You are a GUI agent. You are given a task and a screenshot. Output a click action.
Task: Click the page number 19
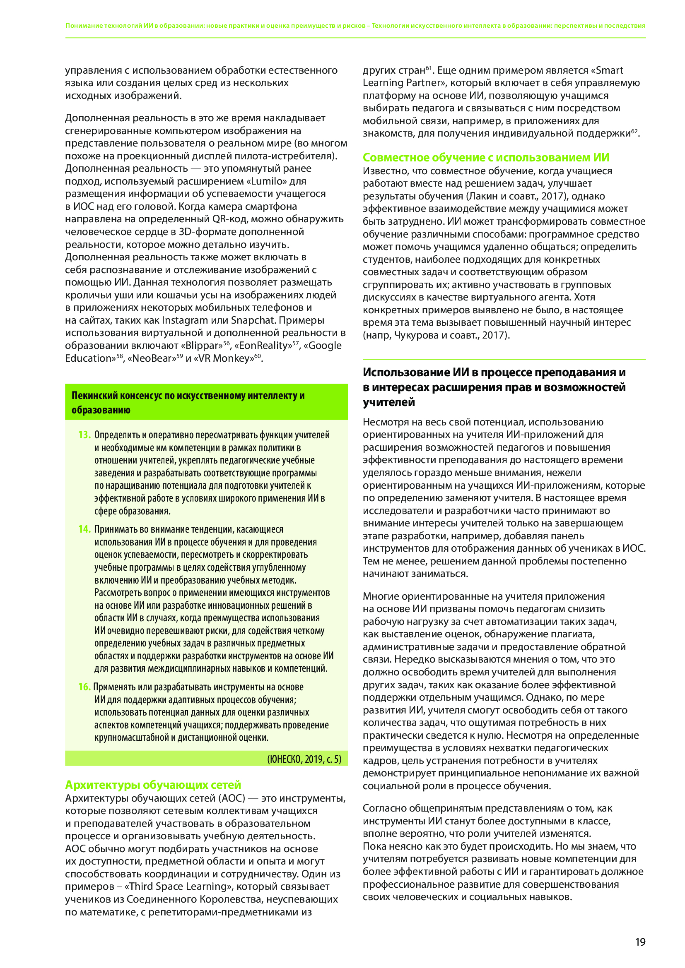point(640,942)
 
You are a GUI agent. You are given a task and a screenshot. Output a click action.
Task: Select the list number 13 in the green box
point(84,435)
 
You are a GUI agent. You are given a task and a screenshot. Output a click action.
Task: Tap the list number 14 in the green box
point(84,529)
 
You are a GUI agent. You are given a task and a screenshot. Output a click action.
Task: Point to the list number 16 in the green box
point(84,687)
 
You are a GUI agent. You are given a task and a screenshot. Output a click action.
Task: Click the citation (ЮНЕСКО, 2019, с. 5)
point(304,759)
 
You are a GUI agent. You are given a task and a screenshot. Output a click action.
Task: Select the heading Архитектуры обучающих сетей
point(153,785)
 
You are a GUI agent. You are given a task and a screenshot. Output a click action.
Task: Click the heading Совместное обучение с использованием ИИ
point(485,157)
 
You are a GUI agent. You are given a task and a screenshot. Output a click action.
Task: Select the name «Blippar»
point(202,345)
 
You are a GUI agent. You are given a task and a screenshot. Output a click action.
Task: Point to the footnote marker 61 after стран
point(428,68)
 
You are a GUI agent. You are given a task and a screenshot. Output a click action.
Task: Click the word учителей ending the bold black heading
point(388,402)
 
